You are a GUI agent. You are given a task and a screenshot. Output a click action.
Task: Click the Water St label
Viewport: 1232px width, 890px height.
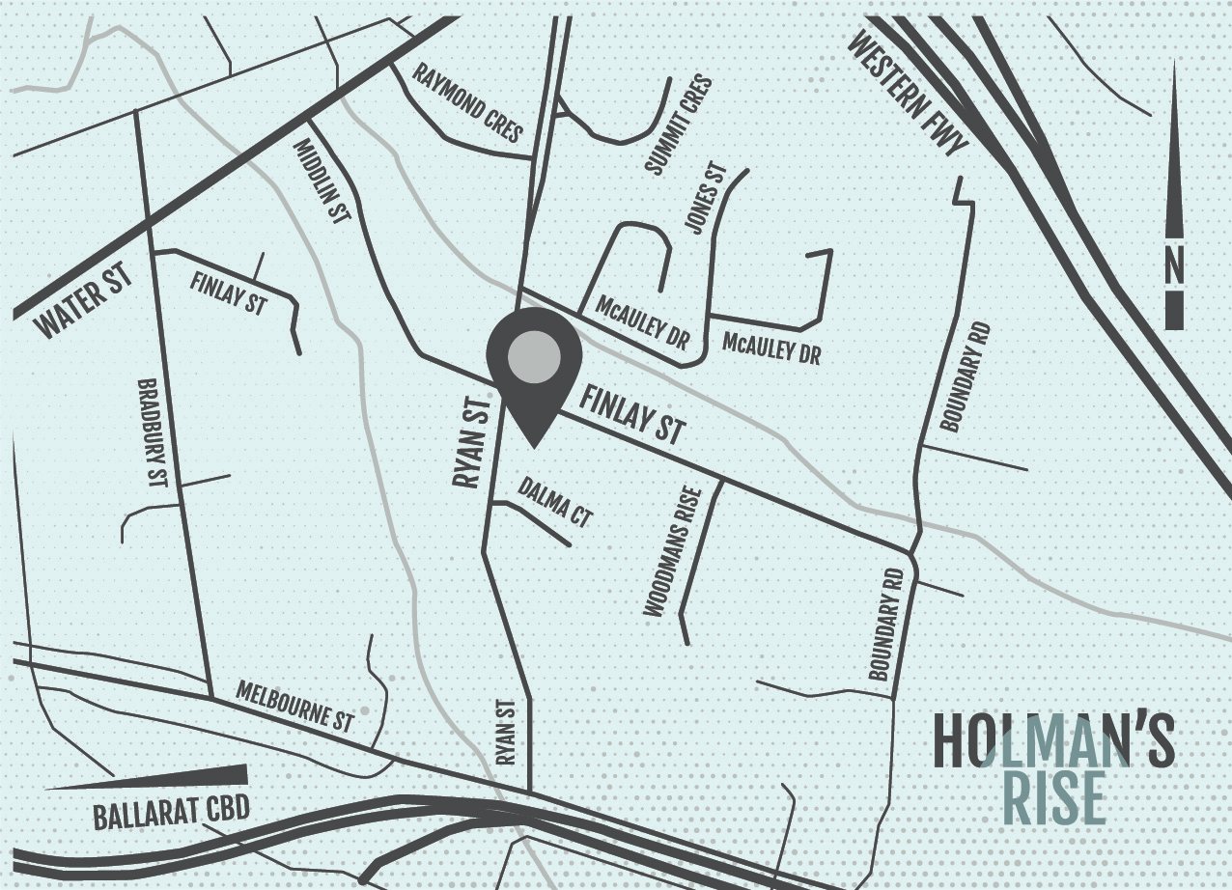(x=84, y=304)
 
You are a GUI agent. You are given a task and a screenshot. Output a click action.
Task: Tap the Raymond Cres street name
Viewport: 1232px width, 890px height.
(x=468, y=102)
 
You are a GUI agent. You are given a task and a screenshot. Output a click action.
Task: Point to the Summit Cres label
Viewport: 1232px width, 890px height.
(x=679, y=126)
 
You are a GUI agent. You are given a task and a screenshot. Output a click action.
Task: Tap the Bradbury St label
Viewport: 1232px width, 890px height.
(x=154, y=430)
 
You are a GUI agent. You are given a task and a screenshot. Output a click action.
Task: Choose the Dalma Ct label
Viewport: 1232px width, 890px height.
(x=554, y=502)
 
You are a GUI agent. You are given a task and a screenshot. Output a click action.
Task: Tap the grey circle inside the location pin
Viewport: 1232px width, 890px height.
(x=533, y=357)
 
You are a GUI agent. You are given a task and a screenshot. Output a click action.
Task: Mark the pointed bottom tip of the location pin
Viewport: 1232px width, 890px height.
(x=534, y=446)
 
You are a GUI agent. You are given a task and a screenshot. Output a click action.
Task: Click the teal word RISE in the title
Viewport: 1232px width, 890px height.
(x=1054, y=797)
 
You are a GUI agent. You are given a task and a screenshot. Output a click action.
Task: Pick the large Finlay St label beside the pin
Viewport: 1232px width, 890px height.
(x=631, y=415)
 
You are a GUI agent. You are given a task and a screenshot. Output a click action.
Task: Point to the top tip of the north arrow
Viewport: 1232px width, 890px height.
(x=1174, y=64)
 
